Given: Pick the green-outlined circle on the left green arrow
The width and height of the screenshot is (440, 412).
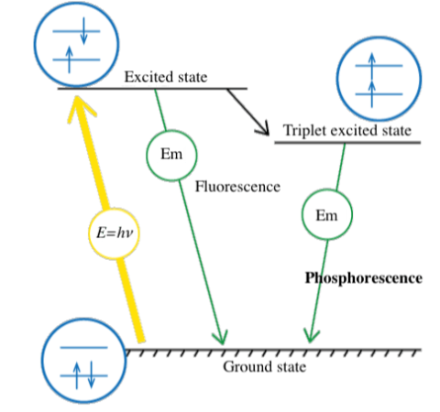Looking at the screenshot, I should click(x=170, y=156).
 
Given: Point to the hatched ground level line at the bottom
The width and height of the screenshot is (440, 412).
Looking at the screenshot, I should click(x=275, y=350).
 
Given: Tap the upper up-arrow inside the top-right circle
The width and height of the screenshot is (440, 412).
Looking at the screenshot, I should click(x=373, y=65).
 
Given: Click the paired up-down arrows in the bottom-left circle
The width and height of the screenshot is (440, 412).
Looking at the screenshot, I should click(x=79, y=374).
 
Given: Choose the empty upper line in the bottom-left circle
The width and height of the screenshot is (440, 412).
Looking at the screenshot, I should click(x=79, y=349).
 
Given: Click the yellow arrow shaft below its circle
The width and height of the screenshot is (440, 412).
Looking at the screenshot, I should click(x=130, y=302).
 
